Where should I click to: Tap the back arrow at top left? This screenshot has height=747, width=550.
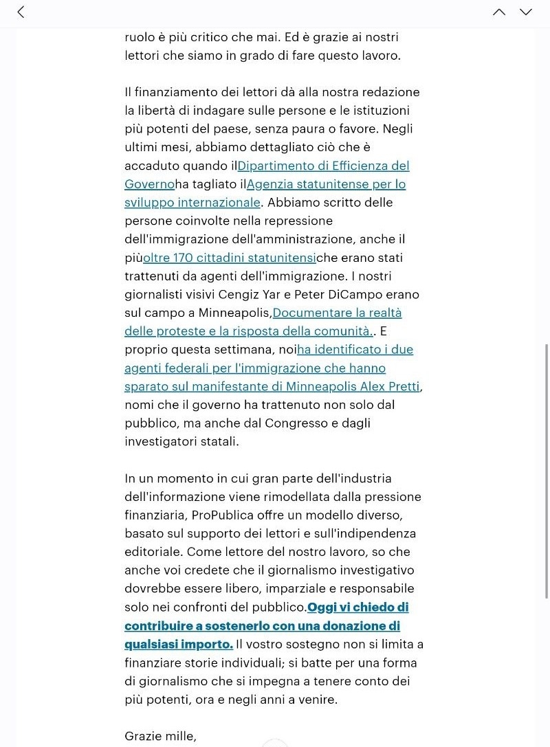click(x=21, y=12)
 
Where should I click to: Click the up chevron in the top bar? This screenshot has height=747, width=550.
click(x=499, y=12)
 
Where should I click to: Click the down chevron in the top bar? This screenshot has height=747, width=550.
click(x=526, y=12)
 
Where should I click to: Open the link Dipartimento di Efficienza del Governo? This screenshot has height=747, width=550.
click(x=323, y=166)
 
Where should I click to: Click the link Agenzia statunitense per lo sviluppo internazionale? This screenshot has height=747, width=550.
click(x=326, y=184)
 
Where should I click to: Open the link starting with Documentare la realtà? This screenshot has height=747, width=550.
click(x=337, y=313)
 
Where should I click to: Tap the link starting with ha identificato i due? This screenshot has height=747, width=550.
click(x=355, y=349)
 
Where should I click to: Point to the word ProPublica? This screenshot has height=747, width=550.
click(x=219, y=515)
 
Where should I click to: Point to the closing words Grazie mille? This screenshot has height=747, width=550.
click(x=160, y=736)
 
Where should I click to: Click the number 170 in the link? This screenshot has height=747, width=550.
click(x=183, y=258)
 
